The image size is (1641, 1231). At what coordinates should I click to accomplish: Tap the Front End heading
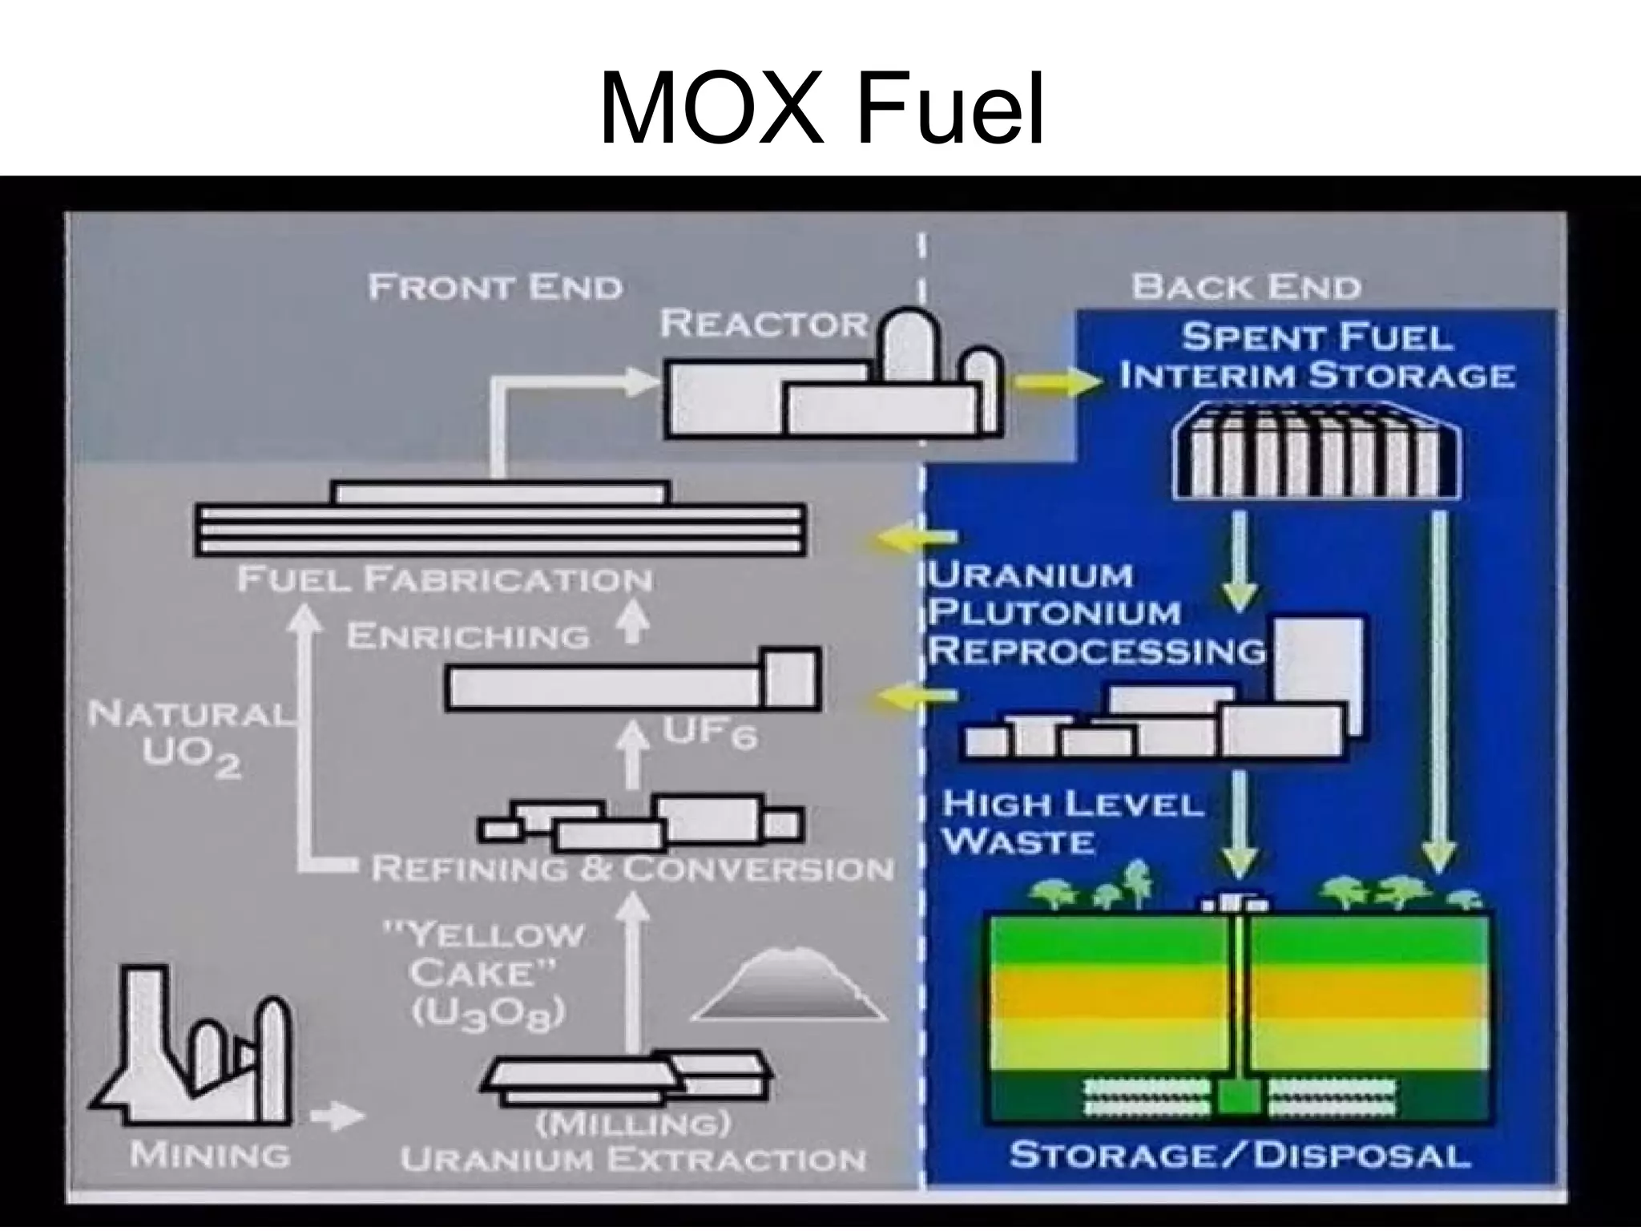(495, 286)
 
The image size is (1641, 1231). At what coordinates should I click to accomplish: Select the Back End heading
(1246, 286)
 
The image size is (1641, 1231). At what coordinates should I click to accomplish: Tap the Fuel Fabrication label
(445, 579)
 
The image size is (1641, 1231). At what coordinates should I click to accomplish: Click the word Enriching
(468, 636)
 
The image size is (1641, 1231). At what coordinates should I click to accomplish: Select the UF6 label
(710, 734)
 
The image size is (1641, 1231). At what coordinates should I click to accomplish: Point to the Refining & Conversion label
(632, 868)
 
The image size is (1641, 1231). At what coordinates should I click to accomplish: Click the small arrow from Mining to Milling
(337, 1116)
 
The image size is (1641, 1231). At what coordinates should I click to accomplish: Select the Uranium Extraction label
(633, 1159)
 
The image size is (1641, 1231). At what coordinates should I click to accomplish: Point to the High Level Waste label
(1071, 821)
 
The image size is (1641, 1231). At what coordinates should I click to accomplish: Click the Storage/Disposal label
(1240, 1154)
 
